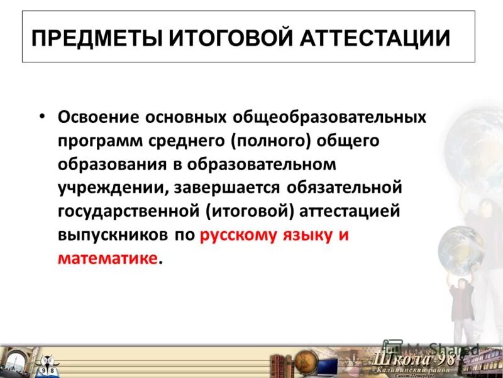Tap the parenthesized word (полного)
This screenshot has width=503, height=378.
click(x=271, y=141)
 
